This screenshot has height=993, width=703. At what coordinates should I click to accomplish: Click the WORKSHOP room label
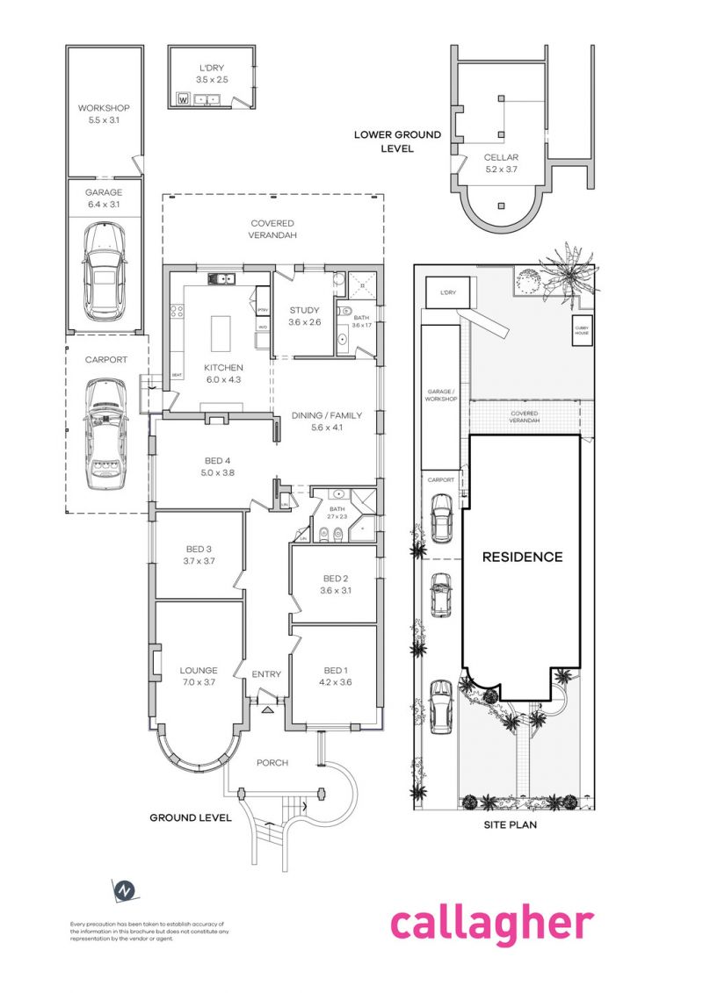(x=104, y=108)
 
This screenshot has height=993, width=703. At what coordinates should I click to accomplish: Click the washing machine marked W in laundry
(x=184, y=98)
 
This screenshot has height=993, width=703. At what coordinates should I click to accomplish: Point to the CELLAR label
(x=501, y=158)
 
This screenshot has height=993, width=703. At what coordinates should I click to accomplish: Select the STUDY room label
(x=305, y=310)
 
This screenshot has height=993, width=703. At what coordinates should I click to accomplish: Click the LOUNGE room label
(x=199, y=670)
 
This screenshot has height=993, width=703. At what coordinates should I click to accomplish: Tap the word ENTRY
(x=266, y=674)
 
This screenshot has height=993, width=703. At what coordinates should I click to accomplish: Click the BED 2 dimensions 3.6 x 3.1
(x=337, y=590)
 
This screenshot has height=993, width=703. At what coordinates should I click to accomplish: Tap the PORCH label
(x=272, y=762)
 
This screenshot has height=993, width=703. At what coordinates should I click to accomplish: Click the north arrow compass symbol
(x=126, y=889)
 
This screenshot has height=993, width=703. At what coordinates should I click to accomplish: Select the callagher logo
(x=491, y=925)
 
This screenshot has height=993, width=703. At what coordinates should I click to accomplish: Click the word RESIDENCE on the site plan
(x=522, y=557)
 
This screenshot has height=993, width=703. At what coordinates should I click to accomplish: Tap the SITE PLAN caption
(x=511, y=824)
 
